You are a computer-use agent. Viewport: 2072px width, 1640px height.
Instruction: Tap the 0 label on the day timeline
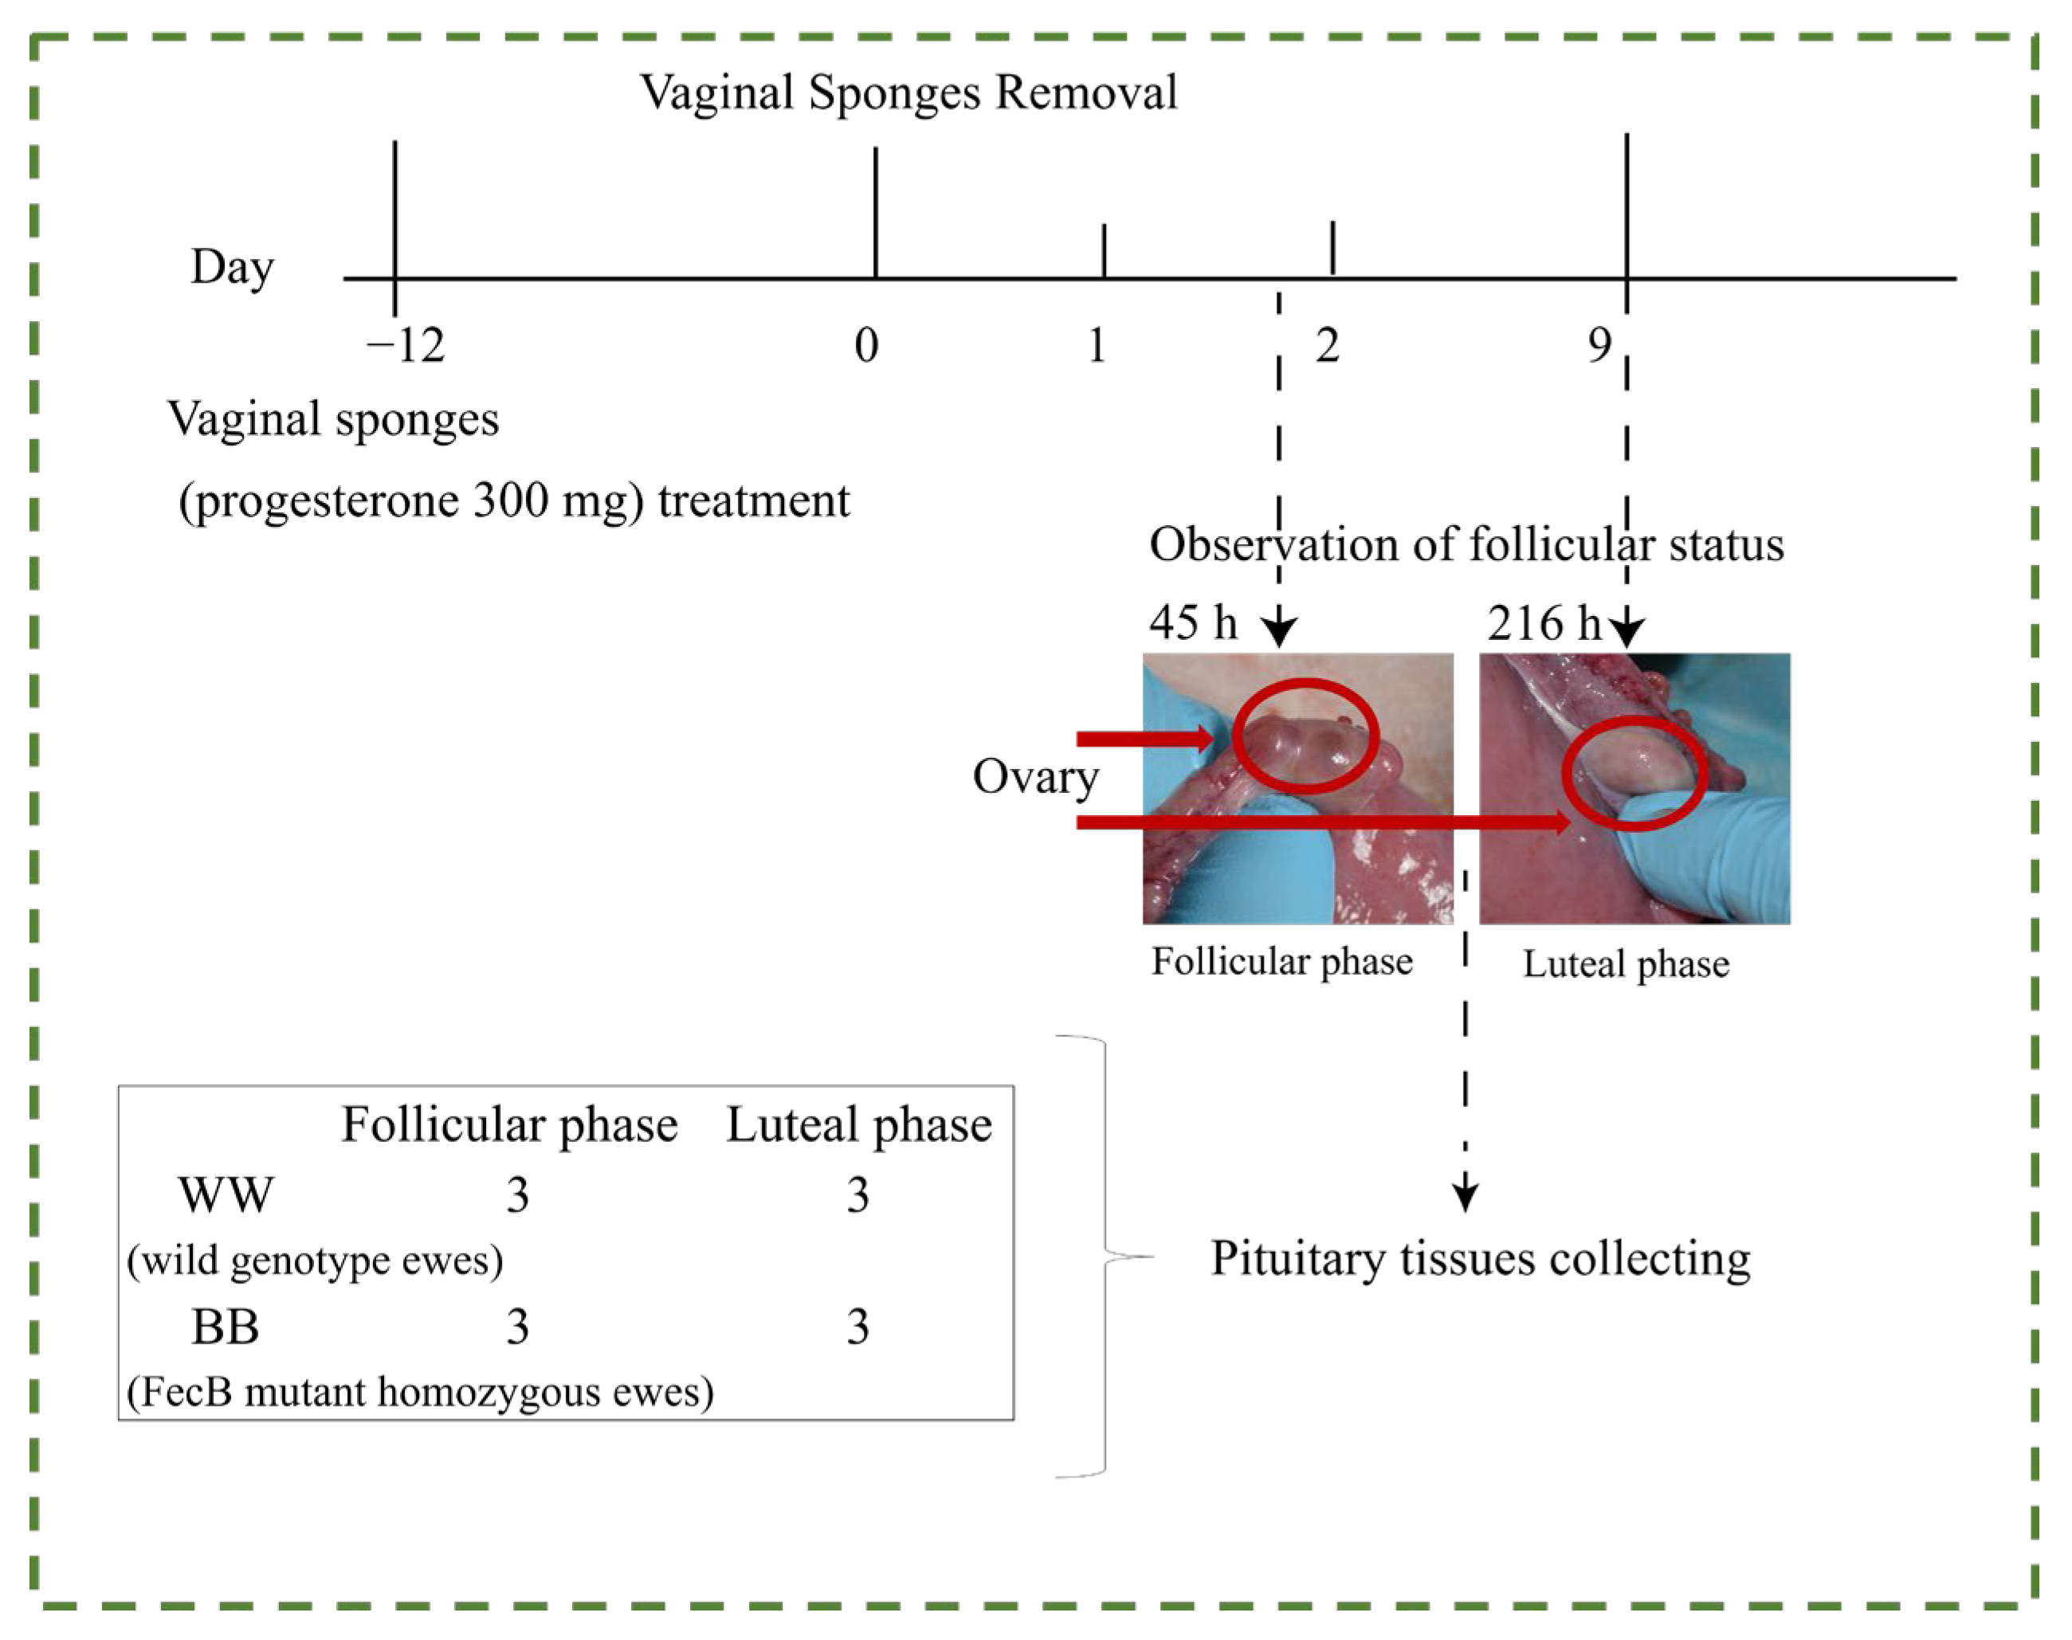(x=866, y=345)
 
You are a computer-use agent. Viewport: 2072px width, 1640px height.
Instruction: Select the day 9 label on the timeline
(x=1599, y=345)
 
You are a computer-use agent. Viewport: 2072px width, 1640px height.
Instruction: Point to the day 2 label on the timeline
(x=1328, y=345)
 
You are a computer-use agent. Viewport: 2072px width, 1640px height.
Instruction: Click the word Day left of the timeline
(x=233, y=268)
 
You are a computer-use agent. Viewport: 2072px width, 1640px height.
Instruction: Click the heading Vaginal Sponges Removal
(x=908, y=93)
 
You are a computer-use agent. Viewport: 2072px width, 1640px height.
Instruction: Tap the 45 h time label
(x=1192, y=622)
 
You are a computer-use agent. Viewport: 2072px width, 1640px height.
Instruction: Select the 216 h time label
(x=1544, y=622)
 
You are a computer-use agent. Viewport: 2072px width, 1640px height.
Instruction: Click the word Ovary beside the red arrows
(x=1035, y=777)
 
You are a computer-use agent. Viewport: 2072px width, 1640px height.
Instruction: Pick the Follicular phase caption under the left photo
(x=1281, y=961)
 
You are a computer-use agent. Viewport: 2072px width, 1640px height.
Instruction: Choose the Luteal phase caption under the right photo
(x=1626, y=963)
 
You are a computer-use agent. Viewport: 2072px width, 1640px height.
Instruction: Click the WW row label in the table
(x=226, y=1195)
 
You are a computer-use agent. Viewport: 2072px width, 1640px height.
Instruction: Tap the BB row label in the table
(x=226, y=1327)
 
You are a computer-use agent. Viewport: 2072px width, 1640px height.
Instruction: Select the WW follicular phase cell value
(x=517, y=1195)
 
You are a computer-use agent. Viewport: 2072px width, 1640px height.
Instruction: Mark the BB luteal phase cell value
(x=857, y=1327)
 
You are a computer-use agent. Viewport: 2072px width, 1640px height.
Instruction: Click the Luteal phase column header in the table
(x=858, y=1124)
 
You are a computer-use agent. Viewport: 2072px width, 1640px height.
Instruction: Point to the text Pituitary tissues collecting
(x=1480, y=1259)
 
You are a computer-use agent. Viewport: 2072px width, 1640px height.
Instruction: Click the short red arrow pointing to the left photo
(x=1145, y=739)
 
